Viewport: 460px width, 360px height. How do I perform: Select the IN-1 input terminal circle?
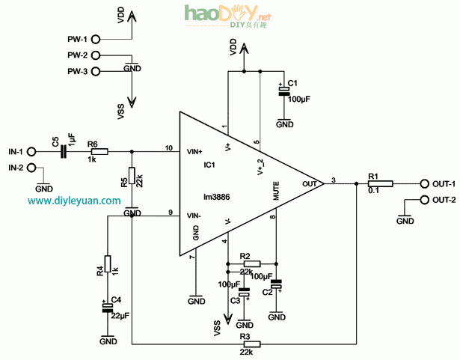(32, 151)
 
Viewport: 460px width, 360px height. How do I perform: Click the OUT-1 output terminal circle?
(424, 183)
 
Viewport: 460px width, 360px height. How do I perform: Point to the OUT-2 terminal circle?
(424, 200)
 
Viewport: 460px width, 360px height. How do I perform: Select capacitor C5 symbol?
(64, 151)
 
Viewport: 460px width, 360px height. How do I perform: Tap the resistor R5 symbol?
(132, 176)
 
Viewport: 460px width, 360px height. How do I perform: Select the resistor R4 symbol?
(108, 263)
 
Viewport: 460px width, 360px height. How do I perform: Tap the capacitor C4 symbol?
(108, 306)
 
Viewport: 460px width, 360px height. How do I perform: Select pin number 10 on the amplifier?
(169, 147)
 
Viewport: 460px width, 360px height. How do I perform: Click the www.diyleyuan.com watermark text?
(75, 201)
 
